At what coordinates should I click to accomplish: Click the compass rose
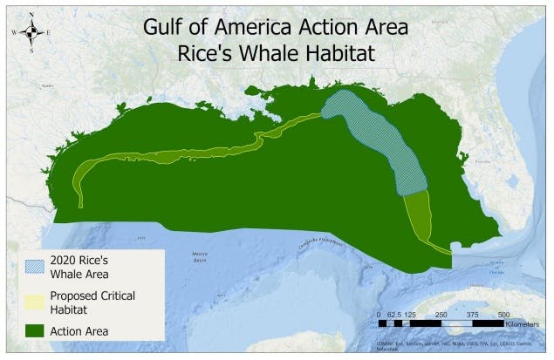coord(31,32)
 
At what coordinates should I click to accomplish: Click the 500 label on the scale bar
coord(503,313)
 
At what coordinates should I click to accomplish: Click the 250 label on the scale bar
coord(441,313)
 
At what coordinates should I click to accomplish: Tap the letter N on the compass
coord(31,15)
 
